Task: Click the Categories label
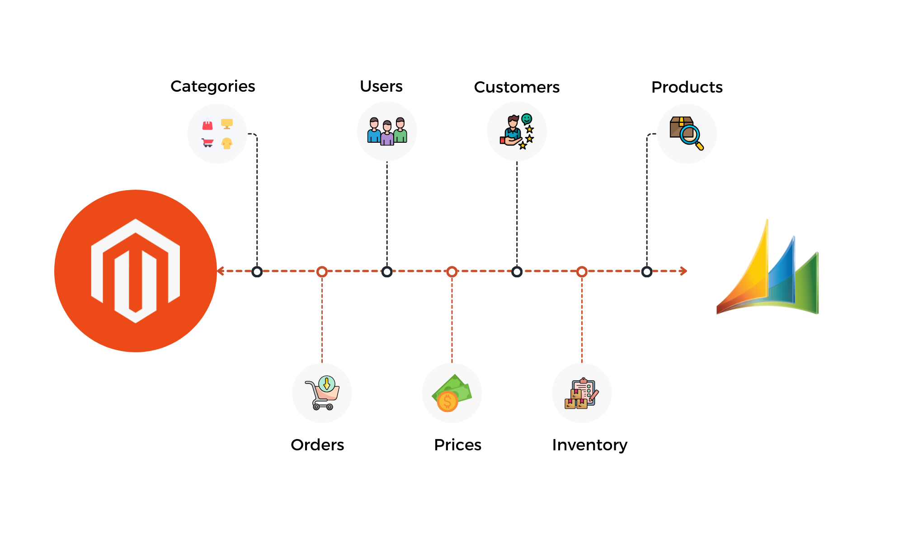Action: click(213, 86)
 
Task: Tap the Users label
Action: click(381, 86)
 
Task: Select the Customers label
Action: click(517, 87)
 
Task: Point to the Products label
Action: click(687, 87)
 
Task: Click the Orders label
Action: click(317, 445)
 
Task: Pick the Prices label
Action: click(457, 445)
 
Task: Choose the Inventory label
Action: click(590, 445)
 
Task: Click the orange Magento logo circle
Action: click(136, 271)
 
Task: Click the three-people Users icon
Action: click(387, 131)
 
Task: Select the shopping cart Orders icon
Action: click(322, 393)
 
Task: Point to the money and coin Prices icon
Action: click(452, 393)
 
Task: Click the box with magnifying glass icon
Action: click(687, 133)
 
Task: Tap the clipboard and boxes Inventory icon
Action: click(582, 393)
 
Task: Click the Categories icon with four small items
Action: click(217, 134)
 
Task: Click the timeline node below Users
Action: click(387, 271)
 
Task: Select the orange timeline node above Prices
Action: click(452, 271)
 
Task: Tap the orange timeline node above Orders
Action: click(322, 271)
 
